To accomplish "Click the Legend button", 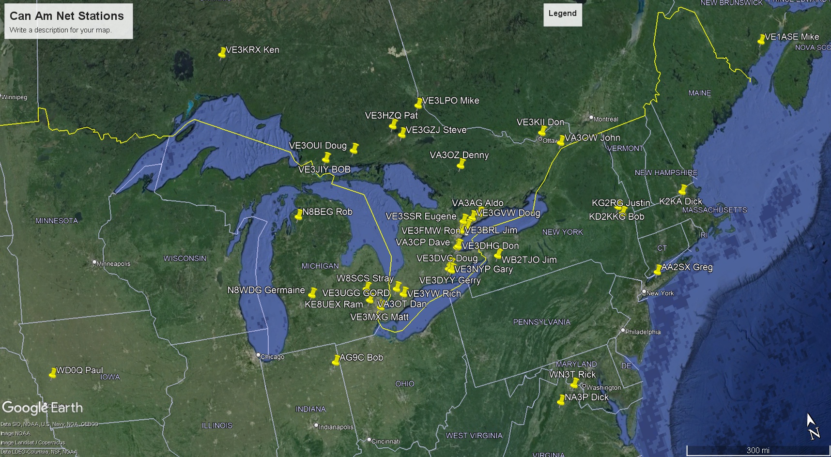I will click(562, 14).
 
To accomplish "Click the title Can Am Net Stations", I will click(67, 16).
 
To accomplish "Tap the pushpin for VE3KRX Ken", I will click(222, 52).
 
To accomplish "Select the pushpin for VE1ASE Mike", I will click(761, 39).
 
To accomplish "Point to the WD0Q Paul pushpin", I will click(53, 373).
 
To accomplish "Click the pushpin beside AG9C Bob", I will click(336, 360).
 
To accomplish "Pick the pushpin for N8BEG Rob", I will click(299, 214).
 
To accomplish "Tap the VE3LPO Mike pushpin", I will click(418, 103).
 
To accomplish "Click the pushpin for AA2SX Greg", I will click(658, 270).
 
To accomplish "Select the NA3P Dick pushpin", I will click(561, 400).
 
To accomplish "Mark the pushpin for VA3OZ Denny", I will click(461, 165).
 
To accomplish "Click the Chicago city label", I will click(272, 357).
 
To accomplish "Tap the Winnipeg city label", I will click(15, 97).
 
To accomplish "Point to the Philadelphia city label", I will click(643, 332).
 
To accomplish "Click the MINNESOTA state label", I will click(57, 221).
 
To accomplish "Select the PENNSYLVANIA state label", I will click(541, 322).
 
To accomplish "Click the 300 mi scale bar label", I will click(758, 450).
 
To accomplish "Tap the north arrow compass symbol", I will click(812, 426).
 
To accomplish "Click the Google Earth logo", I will click(43, 408).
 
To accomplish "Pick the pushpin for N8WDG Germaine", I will click(313, 292).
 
